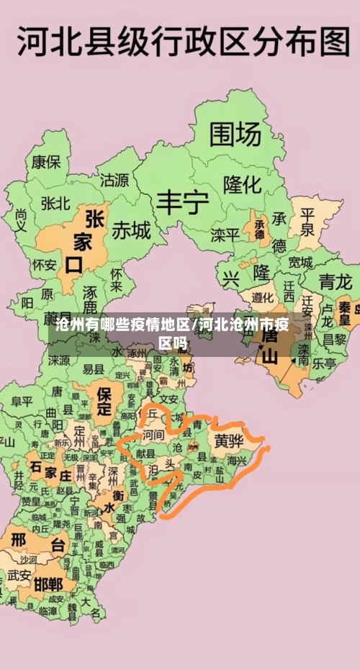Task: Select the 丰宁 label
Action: (x=183, y=204)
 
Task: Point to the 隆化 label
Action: (x=242, y=184)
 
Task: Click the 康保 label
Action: (x=45, y=162)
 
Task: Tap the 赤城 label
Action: (x=131, y=230)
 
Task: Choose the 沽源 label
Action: (x=114, y=179)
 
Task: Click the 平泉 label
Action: (x=307, y=222)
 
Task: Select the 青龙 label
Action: (x=336, y=280)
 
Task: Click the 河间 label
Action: (x=153, y=435)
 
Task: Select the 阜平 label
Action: (x=22, y=401)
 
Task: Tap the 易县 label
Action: (x=94, y=368)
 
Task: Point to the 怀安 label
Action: (x=44, y=265)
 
